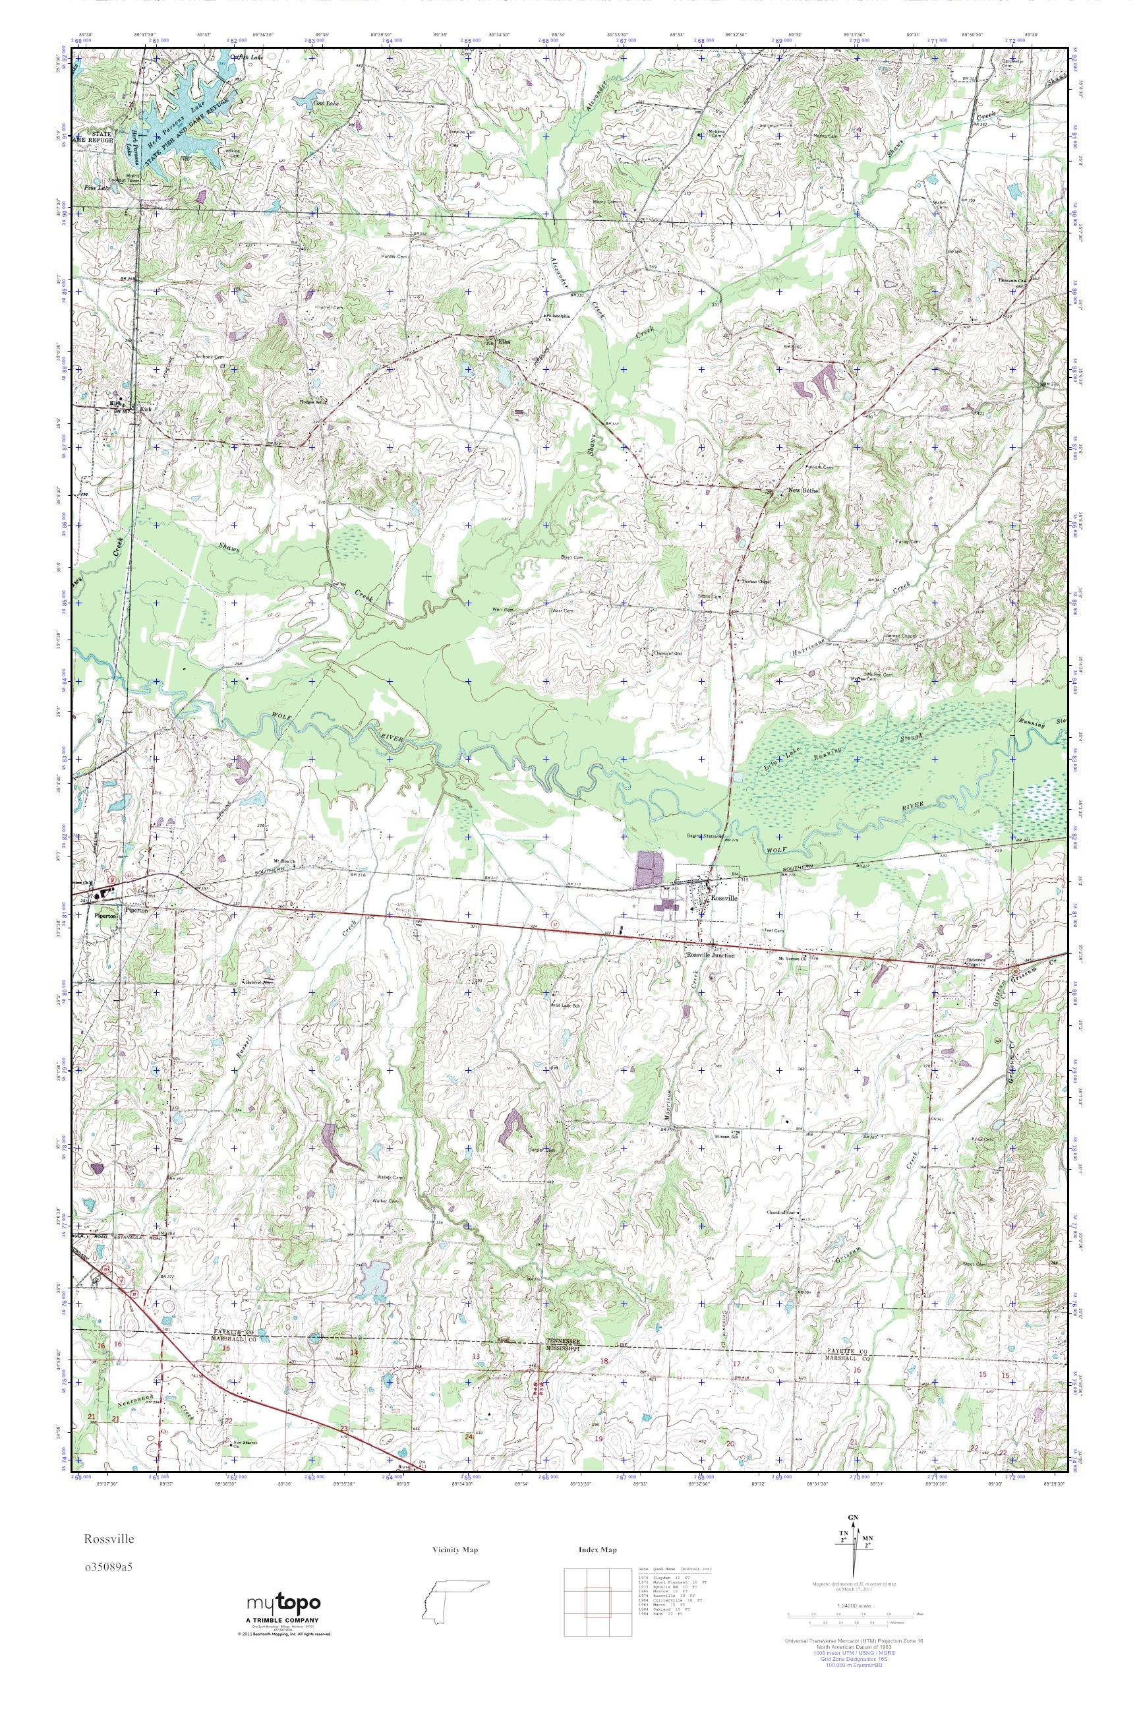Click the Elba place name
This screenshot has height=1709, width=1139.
(x=504, y=342)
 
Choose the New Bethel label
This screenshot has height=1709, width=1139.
(x=804, y=490)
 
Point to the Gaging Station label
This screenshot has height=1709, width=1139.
(x=703, y=835)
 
